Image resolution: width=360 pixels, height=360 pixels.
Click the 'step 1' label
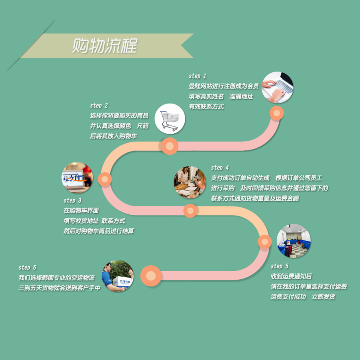pyautogui.click(x=197, y=76)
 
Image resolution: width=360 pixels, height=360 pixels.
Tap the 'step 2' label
pyautogui.click(x=99, y=106)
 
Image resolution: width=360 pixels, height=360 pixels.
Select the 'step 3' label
pyautogui.click(x=72, y=200)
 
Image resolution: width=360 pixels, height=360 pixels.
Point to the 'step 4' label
pyautogui.click(x=220, y=168)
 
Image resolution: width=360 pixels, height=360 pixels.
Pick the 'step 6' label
pyautogui.click(x=27, y=267)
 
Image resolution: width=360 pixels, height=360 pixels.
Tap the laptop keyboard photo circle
pyautogui.click(x=278, y=88)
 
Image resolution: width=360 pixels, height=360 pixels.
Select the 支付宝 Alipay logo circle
pyautogui.click(x=77, y=178)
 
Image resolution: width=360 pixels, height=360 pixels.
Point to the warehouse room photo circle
pyautogui.click(x=294, y=241)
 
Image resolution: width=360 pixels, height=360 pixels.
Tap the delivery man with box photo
pyautogui.click(x=118, y=276)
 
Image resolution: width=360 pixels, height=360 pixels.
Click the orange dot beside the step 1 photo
pyautogui.click(x=276, y=113)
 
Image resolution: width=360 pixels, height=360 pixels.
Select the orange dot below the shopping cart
pyautogui.click(x=170, y=146)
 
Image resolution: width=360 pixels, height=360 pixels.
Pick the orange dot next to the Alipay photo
pyautogui.click(x=105, y=179)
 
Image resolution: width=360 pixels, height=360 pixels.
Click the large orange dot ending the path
pyautogui.click(x=151, y=276)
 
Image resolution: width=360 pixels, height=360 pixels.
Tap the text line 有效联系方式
pyautogui.click(x=206, y=107)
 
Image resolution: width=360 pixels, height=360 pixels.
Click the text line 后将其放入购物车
pyautogui.click(x=114, y=136)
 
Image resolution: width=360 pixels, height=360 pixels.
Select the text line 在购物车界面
pyautogui.click(x=81, y=210)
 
